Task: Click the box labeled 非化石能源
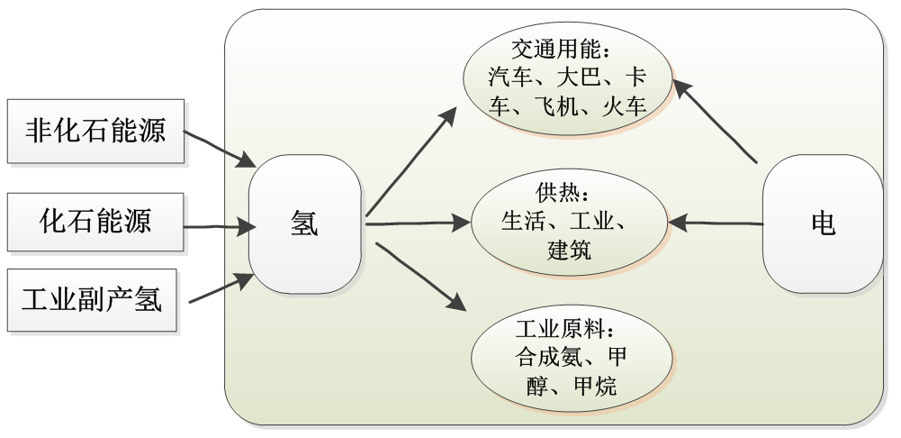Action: tap(95, 131)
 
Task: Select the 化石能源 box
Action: tap(95, 222)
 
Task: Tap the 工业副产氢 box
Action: tap(95, 300)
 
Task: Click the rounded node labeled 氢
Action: tap(304, 224)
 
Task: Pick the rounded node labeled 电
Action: tap(822, 224)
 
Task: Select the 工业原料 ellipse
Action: tap(568, 360)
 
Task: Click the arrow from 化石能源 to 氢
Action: tap(221, 225)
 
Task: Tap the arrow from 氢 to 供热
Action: tap(419, 223)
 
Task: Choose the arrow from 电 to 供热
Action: tap(716, 222)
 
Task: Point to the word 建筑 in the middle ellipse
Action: tap(569, 251)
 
